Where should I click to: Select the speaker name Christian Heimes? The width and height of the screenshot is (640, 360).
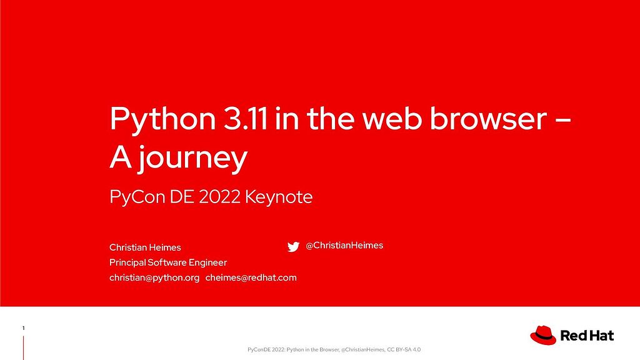click(x=145, y=247)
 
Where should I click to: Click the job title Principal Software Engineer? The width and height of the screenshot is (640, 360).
click(x=168, y=262)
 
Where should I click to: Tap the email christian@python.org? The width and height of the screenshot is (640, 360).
click(x=154, y=277)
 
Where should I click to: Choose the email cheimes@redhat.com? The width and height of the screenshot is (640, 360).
click(x=251, y=277)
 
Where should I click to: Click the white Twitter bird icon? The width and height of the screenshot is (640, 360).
click(x=293, y=247)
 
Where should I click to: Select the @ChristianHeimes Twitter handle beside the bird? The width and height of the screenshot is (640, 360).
click(x=344, y=246)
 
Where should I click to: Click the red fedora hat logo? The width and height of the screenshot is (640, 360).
click(x=542, y=335)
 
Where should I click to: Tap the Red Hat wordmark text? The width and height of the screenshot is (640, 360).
click(x=587, y=336)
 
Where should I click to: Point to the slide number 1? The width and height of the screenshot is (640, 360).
click(x=23, y=328)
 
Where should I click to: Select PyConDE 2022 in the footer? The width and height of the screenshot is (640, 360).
click(x=266, y=349)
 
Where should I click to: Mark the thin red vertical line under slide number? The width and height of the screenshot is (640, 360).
click(x=23, y=347)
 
